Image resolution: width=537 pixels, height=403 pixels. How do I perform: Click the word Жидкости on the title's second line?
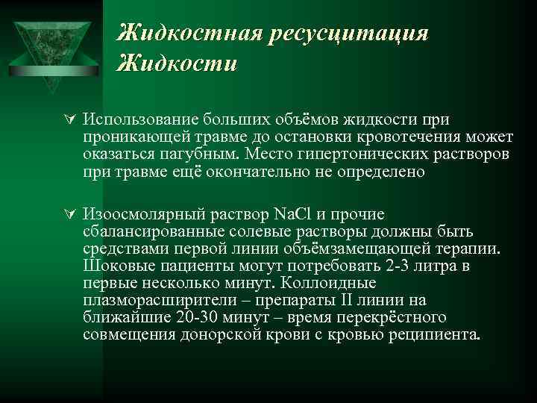click(178, 63)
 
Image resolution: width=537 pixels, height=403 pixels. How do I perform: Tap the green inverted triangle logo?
click(51, 45)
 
